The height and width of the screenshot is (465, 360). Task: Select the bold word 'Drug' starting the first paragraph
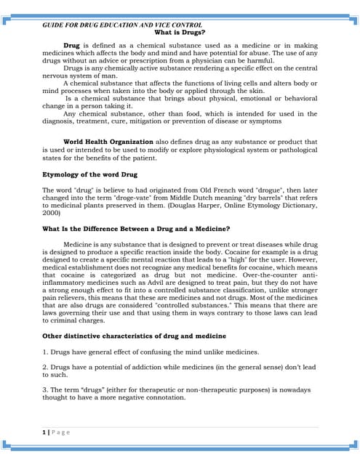coord(71,45)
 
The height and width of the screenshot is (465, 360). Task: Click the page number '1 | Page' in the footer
coord(56,432)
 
